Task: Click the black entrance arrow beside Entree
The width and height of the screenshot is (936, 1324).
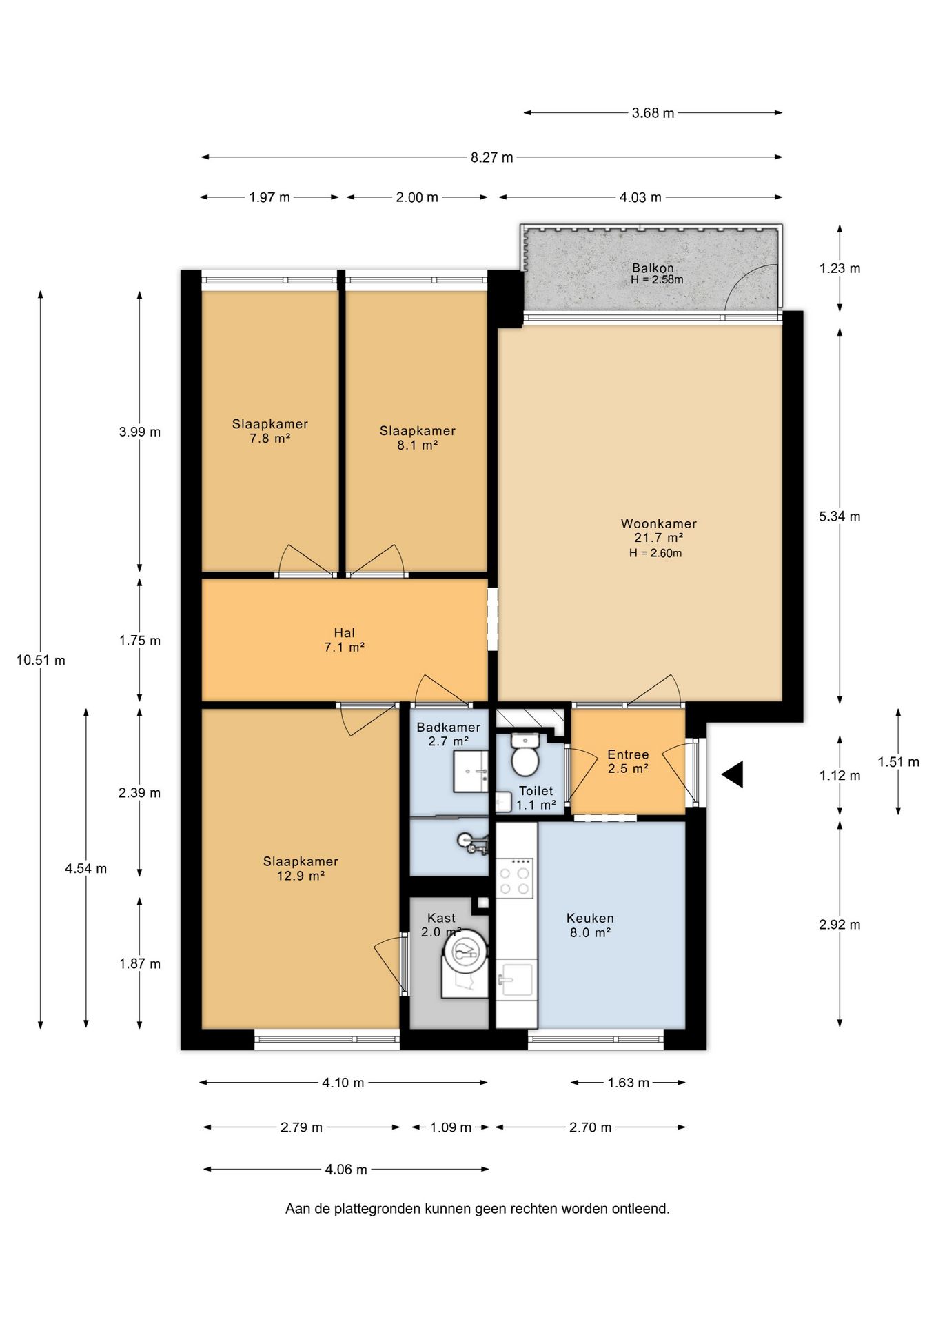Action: pos(733,774)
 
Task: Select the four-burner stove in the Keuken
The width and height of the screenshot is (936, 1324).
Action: pos(516,878)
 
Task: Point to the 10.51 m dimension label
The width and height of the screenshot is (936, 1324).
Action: pos(41,661)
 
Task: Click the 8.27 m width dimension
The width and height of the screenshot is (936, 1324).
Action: pos(492,157)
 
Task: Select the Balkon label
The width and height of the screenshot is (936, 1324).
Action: pos(653,268)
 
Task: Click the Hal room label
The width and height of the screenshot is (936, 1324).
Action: pos(345,633)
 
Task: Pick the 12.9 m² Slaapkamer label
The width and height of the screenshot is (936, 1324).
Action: pos(301,869)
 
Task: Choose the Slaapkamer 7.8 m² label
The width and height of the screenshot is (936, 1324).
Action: pos(270,431)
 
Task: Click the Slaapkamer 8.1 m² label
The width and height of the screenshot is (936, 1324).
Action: pos(418,438)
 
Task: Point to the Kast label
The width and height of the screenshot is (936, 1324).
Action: pos(441,918)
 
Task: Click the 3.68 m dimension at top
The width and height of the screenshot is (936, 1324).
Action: pos(653,113)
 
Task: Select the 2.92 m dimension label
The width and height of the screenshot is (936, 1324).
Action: pos(840,925)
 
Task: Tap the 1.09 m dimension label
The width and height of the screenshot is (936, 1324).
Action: pos(451,1127)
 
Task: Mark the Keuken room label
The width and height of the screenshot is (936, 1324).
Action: pos(590,918)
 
